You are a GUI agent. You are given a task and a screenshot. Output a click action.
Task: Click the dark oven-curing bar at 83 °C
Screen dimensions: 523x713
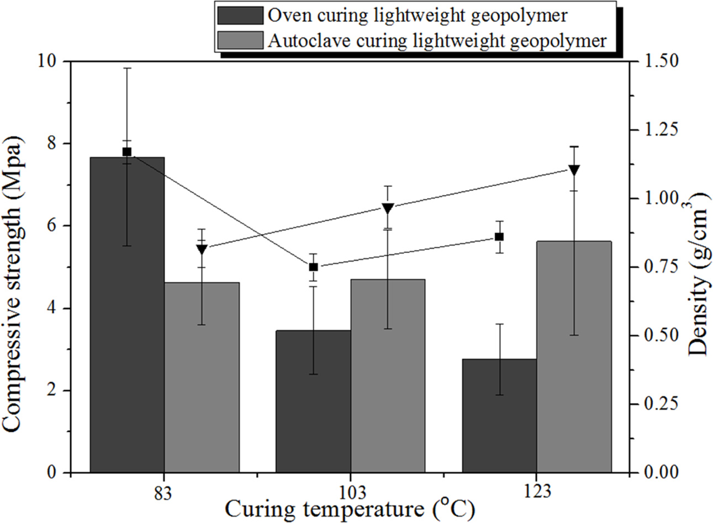tap(127, 315)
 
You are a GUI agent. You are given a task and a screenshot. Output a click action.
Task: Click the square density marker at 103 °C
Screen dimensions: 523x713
tap(313, 267)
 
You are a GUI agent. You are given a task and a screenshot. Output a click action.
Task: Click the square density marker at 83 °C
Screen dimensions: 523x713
tap(127, 152)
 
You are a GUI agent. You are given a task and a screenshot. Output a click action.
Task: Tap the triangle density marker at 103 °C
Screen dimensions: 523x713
tap(388, 208)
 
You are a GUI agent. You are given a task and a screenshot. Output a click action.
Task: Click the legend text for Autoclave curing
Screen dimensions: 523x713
tap(437, 40)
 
